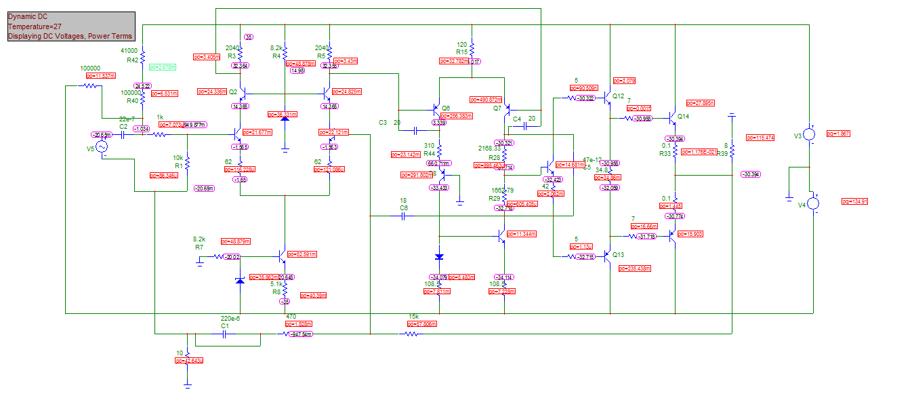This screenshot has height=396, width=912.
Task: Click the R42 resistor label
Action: pyautogui.click(x=132, y=60)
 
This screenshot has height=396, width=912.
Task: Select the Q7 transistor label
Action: pyautogui.click(x=497, y=108)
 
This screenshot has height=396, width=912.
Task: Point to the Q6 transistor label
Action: pyautogui.click(x=445, y=108)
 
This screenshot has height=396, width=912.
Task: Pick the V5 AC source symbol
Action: pyautogui.click(x=102, y=147)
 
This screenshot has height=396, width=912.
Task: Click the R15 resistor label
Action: pyautogui.click(x=461, y=52)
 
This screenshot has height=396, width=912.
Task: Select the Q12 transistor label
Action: pyautogui.click(x=618, y=96)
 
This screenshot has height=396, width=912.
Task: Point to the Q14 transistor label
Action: pyautogui.click(x=682, y=116)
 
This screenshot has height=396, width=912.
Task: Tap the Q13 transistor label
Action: pyautogui.click(x=618, y=255)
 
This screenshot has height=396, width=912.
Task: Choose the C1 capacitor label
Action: pyautogui.click(x=226, y=325)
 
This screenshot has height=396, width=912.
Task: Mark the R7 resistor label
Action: pyautogui.click(x=199, y=248)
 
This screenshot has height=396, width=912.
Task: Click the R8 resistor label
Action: pyautogui.click(x=276, y=292)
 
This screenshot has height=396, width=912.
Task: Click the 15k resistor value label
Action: pyautogui.click(x=414, y=317)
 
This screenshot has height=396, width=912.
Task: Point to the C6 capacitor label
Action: pyautogui.click(x=404, y=207)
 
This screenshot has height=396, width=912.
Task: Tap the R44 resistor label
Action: pyautogui.click(x=430, y=154)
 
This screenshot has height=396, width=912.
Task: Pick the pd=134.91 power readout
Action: pyautogui.click(x=854, y=201)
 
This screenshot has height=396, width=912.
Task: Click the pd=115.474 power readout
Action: pyautogui.click(x=760, y=138)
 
